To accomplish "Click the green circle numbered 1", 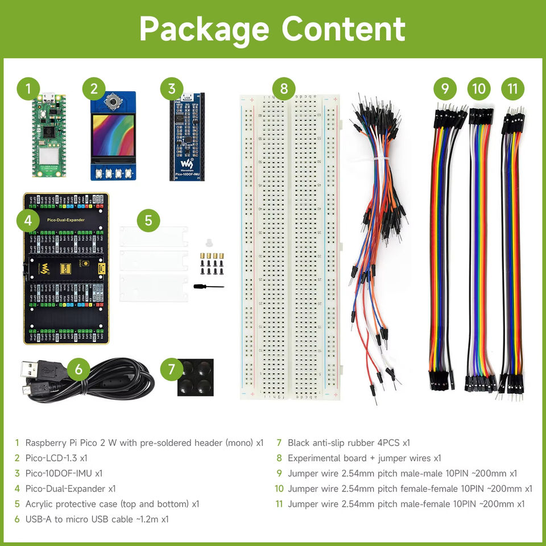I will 28,89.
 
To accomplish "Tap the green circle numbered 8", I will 284,89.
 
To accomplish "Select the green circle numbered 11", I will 513,89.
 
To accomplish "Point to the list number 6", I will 18,519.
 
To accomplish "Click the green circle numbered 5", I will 148,221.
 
